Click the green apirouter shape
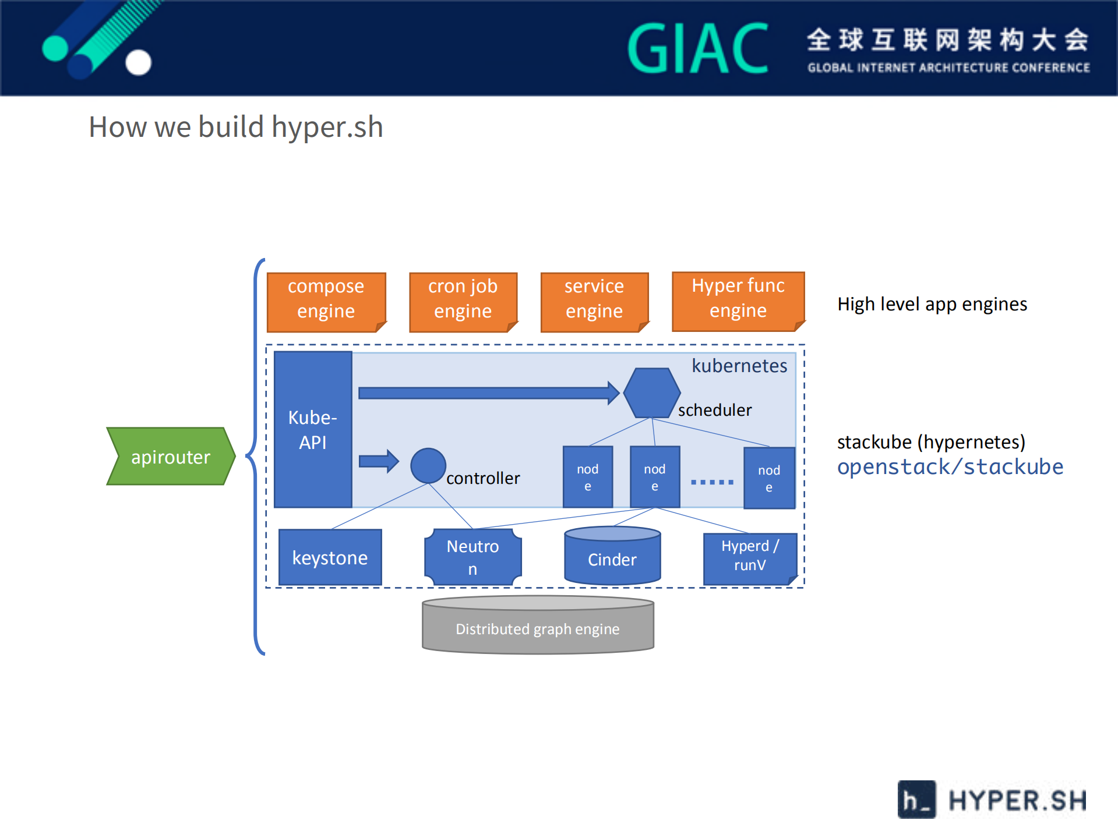point(170,457)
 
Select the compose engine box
point(326,301)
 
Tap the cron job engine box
point(463,301)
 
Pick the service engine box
point(594,301)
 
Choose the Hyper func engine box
point(738,300)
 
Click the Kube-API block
point(313,429)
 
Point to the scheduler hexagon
point(651,393)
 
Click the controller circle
point(428,465)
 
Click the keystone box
point(330,557)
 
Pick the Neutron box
point(472,557)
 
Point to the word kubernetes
point(739,366)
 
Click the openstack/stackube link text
point(950,467)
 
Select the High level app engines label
point(932,304)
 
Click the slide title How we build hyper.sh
point(236,127)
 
